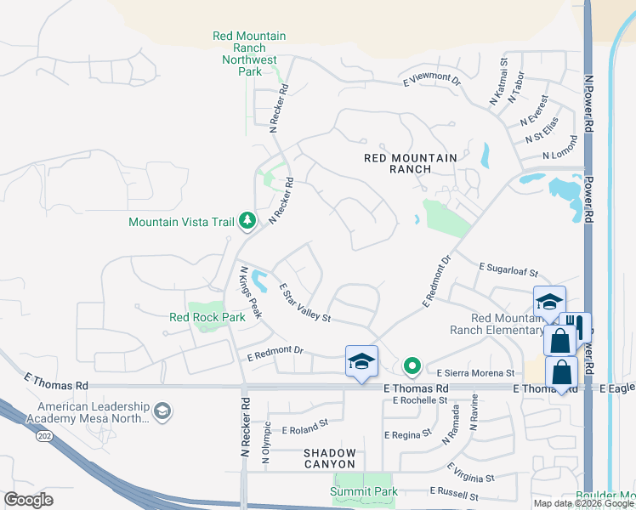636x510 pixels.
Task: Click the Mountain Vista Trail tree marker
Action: pos(247,221)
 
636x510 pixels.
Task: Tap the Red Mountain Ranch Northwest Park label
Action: pos(248,54)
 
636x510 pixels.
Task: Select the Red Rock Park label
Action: pos(207,317)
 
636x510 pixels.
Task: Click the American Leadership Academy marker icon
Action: pos(162,413)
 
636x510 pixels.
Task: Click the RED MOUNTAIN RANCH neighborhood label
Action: pos(410,163)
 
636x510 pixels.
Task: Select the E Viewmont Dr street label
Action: pos(431,82)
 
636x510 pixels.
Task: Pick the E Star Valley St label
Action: pos(304,303)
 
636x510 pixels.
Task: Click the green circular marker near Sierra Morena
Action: pos(412,367)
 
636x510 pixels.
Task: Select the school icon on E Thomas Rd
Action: pos(361,361)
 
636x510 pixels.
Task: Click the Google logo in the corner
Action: pos(28,499)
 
